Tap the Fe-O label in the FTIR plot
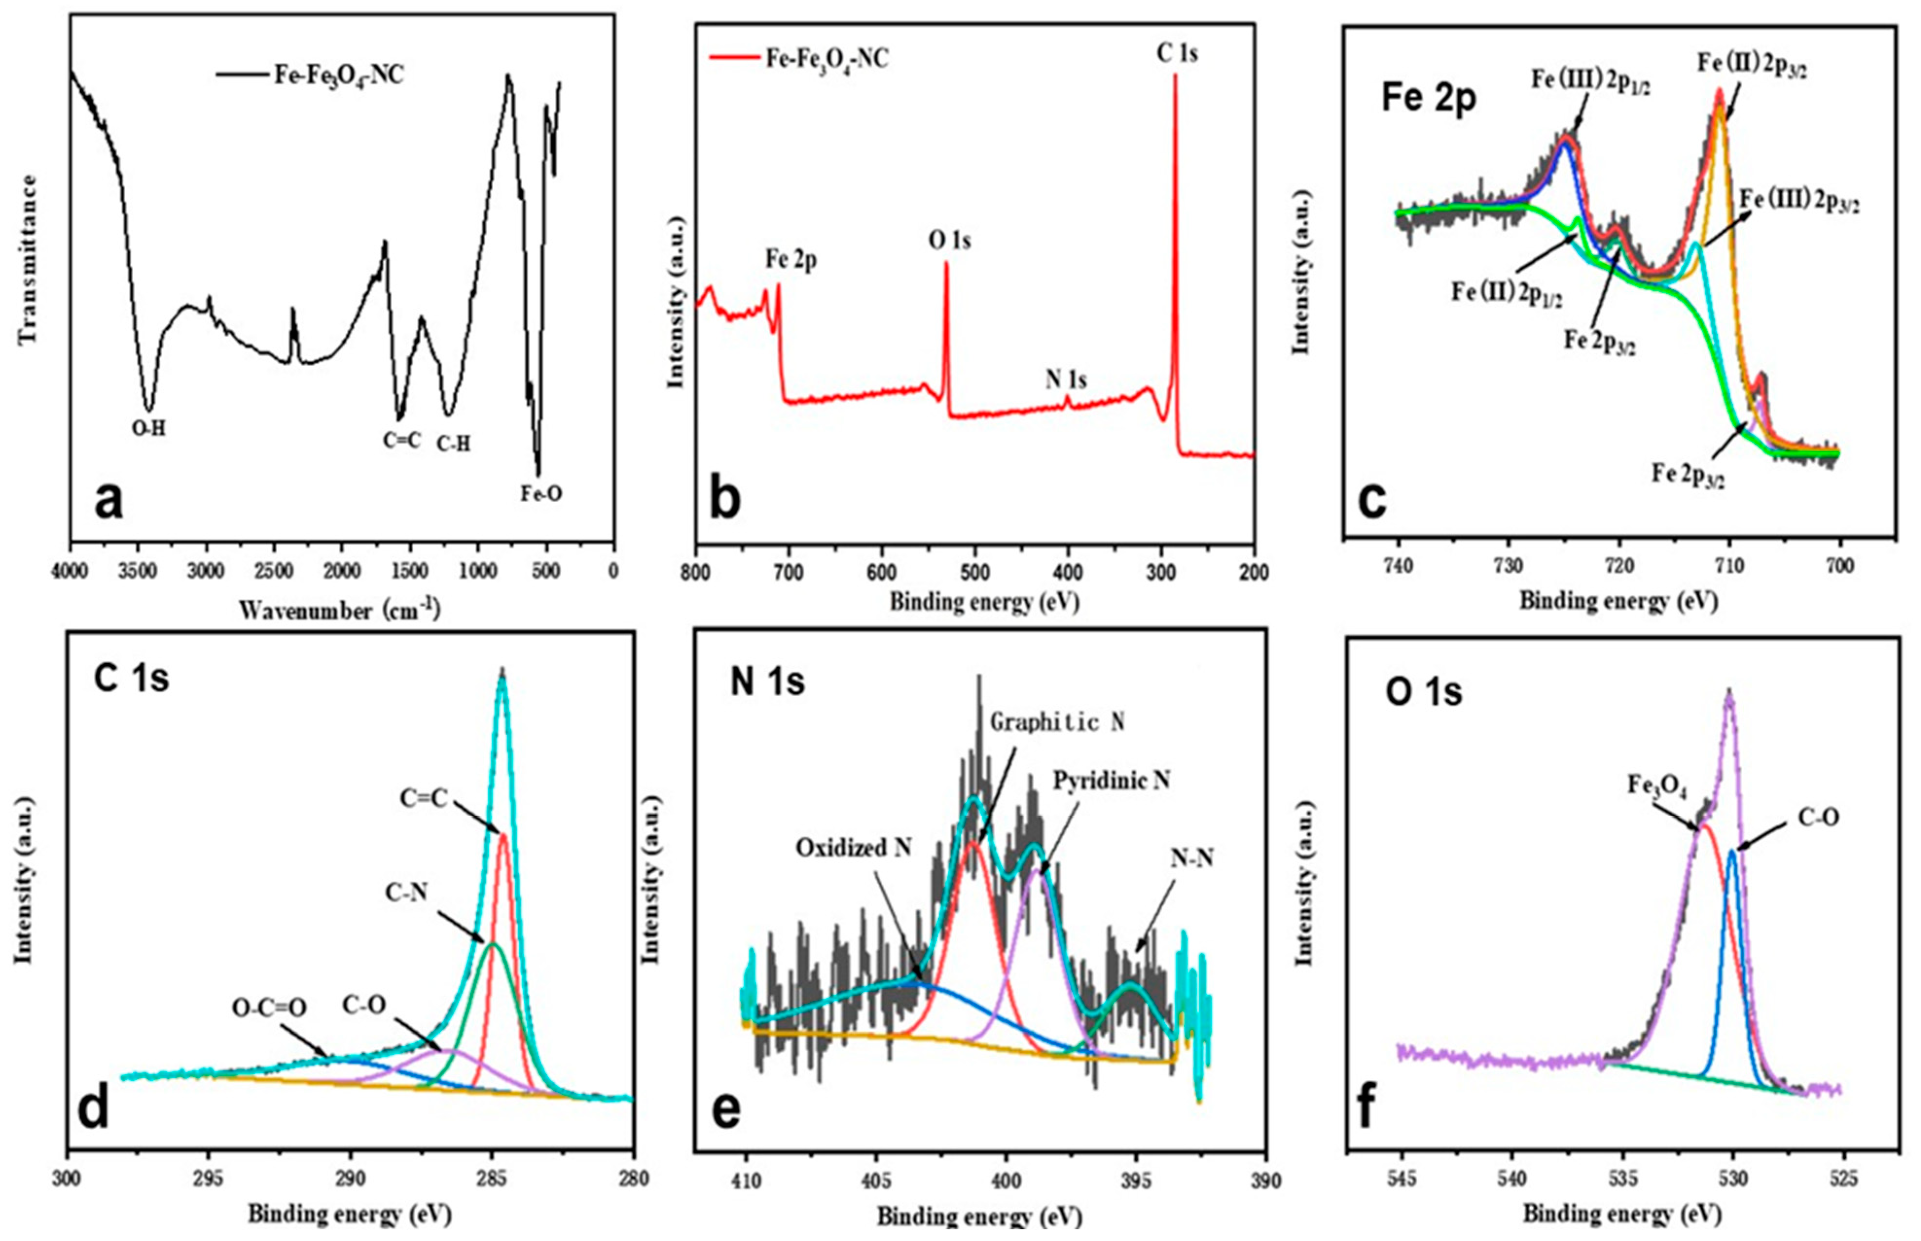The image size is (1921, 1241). pos(540,494)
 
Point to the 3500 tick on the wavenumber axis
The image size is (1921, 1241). pos(138,571)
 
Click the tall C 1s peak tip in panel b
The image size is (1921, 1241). pos(1174,76)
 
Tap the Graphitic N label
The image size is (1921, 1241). pos(1057,722)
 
